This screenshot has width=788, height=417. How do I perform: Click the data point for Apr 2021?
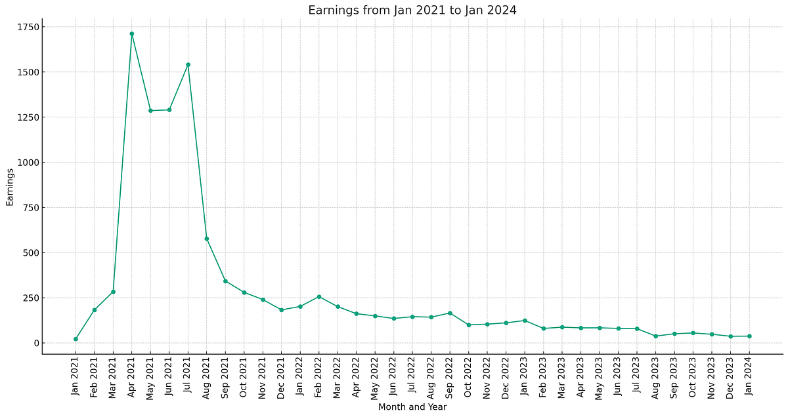(132, 33)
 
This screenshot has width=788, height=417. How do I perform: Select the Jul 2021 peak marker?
(188, 64)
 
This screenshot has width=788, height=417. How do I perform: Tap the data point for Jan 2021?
(76, 339)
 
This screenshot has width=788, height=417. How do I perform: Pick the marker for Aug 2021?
(207, 239)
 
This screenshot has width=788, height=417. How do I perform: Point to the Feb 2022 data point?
(319, 297)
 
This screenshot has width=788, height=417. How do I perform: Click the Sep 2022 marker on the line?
(450, 313)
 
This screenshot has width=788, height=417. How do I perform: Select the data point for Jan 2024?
(749, 336)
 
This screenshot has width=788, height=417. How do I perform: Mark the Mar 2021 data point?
(113, 292)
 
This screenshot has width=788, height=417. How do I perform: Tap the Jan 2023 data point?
(525, 321)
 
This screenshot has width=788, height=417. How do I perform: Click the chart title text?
(412, 10)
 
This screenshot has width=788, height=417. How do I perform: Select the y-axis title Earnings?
(10, 187)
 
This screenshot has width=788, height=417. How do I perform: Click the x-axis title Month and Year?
(412, 407)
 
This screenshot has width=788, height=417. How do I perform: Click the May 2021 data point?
(150, 110)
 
